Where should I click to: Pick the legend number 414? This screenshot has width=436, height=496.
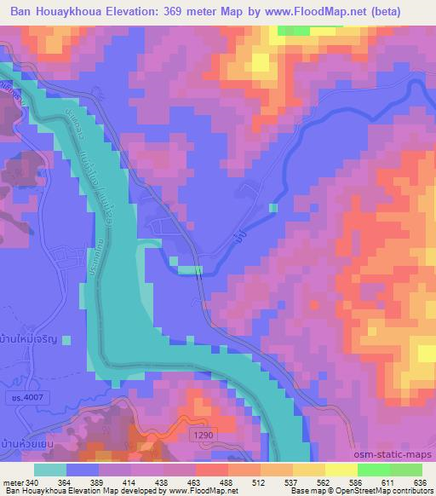click(130, 483)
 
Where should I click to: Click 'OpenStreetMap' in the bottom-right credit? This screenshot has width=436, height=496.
click(396, 492)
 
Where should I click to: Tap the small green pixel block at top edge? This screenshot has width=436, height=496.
click(293, 30)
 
